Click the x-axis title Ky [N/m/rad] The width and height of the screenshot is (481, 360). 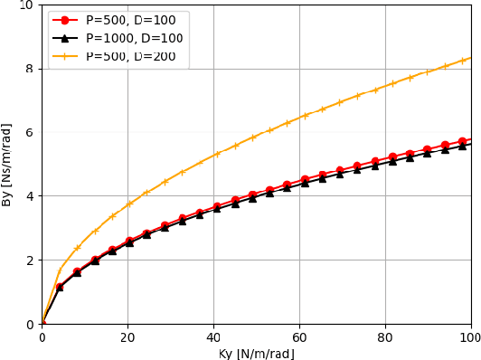256,353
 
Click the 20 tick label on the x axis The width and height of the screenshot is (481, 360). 127,337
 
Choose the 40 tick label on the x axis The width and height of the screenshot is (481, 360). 213,337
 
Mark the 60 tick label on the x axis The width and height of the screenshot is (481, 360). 299,337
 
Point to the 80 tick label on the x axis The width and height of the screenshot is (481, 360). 385,337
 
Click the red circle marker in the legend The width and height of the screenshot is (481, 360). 65,19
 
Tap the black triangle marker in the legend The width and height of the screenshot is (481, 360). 65,38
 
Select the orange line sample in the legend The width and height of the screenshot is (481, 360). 65,56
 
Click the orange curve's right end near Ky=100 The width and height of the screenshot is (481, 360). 470,57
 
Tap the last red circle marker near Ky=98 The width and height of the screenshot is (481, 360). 463,141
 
